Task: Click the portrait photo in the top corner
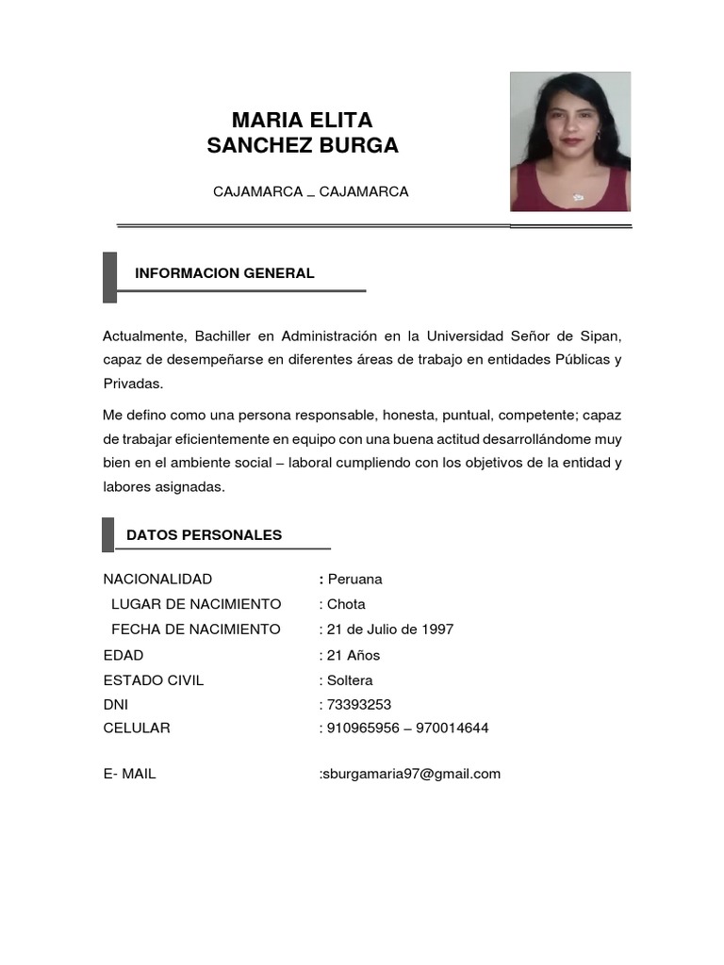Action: point(570,141)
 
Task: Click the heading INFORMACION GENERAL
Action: point(224,273)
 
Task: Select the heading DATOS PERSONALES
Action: point(204,535)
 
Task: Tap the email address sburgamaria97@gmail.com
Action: point(412,774)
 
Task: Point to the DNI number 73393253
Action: point(359,704)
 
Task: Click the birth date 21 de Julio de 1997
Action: point(389,630)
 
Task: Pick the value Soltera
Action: point(350,679)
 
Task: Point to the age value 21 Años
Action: point(354,655)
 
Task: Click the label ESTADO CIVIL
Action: point(154,679)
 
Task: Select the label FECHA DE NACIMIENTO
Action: point(195,630)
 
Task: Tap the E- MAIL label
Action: point(130,774)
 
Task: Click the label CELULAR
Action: point(137,728)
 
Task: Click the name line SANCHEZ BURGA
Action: point(302,146)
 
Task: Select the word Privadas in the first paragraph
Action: point(132,383)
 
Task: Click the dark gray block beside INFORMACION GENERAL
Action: point(109,277)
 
